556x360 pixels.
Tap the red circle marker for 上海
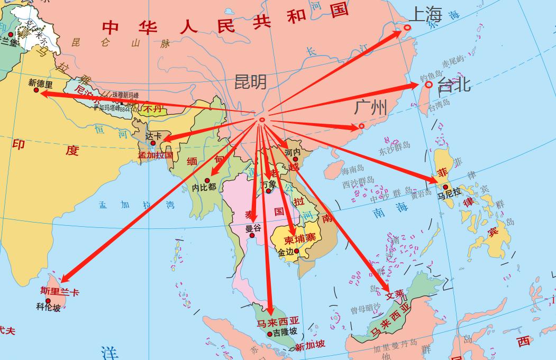tap(407, 27)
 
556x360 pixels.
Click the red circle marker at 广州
tap(361, 126)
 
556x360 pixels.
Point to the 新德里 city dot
tap(37, 90)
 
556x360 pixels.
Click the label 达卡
tap(153, 135)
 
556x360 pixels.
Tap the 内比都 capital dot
tap(207, 181)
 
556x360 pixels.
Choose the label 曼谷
tap(253, 228)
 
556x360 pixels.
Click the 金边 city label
tap(286, 252)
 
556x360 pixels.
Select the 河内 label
tap(293, 152)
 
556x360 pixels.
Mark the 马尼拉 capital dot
tap(445, 187)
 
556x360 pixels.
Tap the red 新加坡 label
tap(310, 346)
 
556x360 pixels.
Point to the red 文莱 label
tap(395, 294)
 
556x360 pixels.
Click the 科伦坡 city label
tap(48, 307)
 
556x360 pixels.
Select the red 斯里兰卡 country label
tap(60, 291)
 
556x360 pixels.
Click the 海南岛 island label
tap(352, 170)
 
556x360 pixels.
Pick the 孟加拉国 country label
tap(156, 155)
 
